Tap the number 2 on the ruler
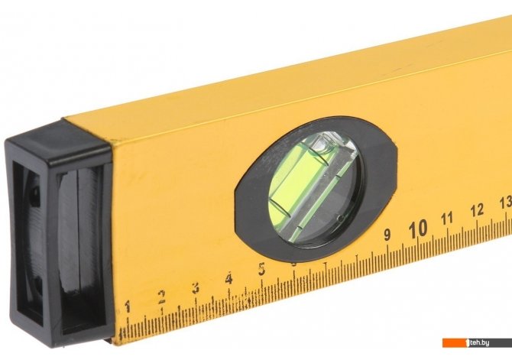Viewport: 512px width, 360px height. click(161, 297)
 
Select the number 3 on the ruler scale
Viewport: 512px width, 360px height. click(196, 288)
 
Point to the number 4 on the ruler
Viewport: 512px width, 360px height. click(229, 279)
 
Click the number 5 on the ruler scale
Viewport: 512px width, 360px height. click(261, 269)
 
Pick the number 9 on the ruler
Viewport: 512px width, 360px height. click(387, 234)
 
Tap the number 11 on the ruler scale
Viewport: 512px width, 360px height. click(447, 218)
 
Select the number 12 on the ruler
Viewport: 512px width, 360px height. click(477, 209)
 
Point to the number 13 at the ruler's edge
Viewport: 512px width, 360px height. click(506, 203)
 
